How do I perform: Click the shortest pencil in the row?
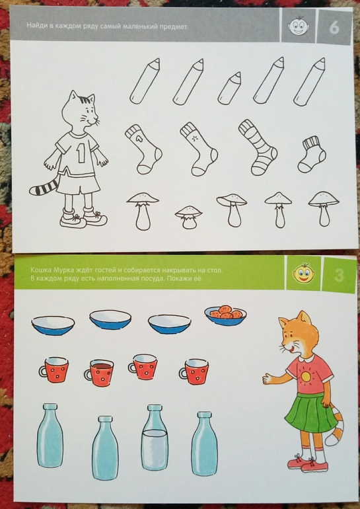tap(230, 89)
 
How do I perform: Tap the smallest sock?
tap(312, 155)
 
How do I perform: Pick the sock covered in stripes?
tap(258, 148)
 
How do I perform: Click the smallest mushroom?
tap(188, 217)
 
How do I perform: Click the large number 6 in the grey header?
tap(334, 27)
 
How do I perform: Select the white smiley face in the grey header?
tap(298, 26)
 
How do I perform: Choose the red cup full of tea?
tap(99, 372)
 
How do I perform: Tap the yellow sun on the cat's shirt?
tap(306, 376)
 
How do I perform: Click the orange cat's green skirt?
tap(310, 413)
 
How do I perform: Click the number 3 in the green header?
tap(339, 276)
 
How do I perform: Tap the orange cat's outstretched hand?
tap(270, 378)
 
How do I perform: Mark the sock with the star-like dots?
tap(198, 149)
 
